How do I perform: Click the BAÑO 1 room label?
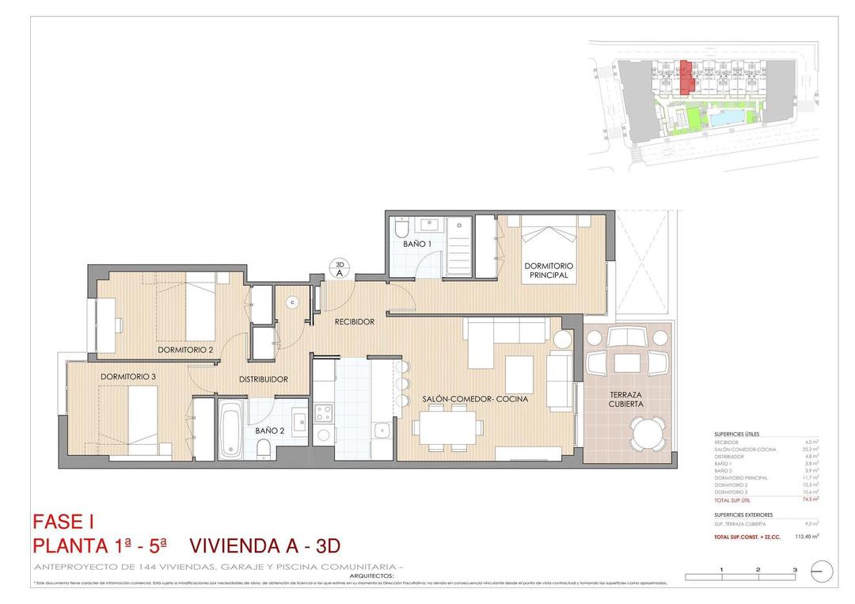(416, 245)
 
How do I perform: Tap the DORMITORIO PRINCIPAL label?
(549, 271)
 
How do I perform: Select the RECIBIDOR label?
(354, 322)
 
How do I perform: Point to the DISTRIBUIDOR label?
(264, 379)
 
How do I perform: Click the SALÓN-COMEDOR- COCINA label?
(474, 399)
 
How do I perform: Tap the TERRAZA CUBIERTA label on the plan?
(625, 399)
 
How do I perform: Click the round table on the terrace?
(647, 434)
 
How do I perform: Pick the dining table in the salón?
(447, 427)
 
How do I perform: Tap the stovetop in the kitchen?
(324, 412)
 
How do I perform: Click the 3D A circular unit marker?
(339, 268)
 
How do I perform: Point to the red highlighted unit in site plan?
(687, 75)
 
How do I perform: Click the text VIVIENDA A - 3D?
(265, 546)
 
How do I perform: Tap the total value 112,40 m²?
(805, 536)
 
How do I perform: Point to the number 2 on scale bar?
(758, 569)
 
